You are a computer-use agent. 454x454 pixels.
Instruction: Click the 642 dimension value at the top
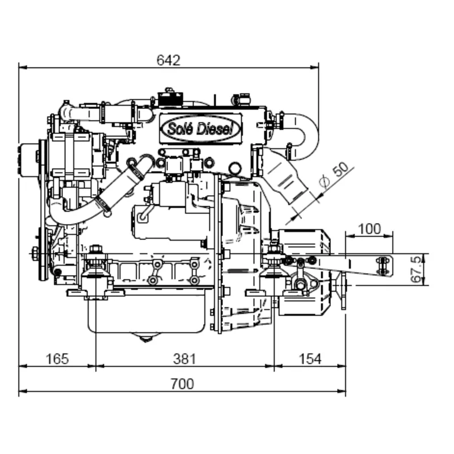168,60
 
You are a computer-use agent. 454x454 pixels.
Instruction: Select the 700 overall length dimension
182,384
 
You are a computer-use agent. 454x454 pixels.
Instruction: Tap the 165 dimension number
57,359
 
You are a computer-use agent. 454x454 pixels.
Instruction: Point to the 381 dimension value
184,359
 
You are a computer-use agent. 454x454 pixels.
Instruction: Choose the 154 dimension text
310,359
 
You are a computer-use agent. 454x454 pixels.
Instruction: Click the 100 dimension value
369,229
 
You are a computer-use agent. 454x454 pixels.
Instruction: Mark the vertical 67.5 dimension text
416,269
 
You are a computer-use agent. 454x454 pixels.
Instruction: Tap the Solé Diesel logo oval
201,129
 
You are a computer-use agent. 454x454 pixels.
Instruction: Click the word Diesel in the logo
215,129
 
